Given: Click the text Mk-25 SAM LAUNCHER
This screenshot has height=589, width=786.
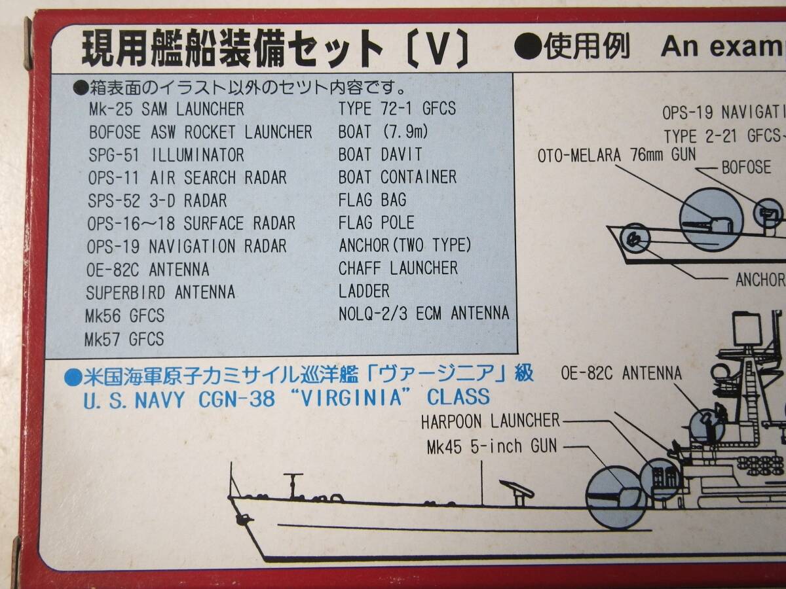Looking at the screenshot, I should pyautogui.click(x=166, y=109).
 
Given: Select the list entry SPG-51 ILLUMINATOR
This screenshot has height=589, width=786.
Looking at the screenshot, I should pyautogui.click(x=166, y=155).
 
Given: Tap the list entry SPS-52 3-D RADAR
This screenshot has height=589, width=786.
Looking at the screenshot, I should pyautogui.click(x=157, y=200).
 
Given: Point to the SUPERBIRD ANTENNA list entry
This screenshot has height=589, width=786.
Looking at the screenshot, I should pyautogui.click(x=160, y=292).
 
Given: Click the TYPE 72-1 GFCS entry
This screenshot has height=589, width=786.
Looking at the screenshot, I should pyautogui.click(x=397, y=109).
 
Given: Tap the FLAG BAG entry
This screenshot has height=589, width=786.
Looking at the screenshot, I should pyautogui.click(x=372, y=200).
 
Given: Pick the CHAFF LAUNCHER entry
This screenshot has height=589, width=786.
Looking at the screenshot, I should pyautogui.click(x=398, y=268).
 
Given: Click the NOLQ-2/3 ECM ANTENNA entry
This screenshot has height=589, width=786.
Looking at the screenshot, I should pyautogui.click(x=423, y=313).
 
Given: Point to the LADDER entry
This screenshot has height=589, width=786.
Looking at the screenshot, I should pyautogui.click(x=364, y=291).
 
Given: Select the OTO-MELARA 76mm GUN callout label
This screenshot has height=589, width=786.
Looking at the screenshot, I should pyautogui.click(x=616, y=155).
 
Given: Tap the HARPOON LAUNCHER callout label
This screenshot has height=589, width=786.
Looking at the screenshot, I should pyautogui.click(x=490, y=420).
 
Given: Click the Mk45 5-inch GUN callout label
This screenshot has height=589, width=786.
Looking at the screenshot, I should pyautogui.click(x=491, y=446).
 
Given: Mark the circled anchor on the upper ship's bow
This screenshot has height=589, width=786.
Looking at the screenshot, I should pyautogui.click(x=633, y=238).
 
